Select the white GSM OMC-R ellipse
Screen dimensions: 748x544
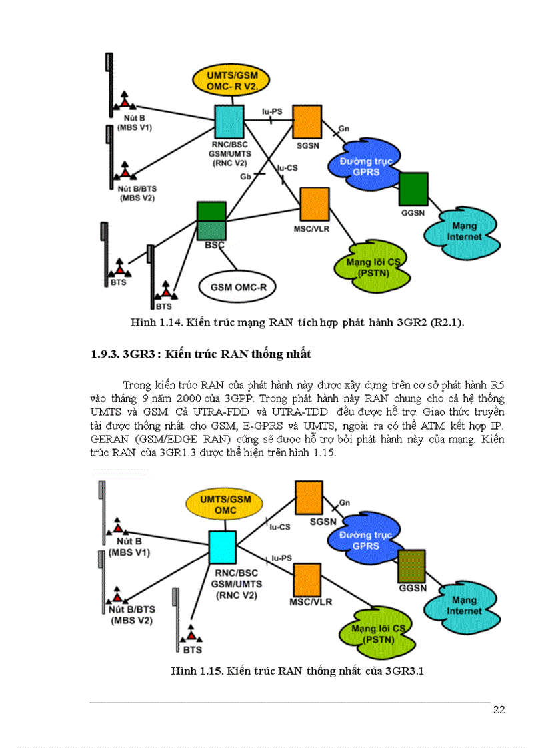239,287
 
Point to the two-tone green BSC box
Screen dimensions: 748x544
212,220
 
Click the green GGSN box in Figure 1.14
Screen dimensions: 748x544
413,189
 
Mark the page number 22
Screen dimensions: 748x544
499,709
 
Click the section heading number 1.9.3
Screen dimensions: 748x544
105,354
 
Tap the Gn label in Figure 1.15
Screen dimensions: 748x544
345,502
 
